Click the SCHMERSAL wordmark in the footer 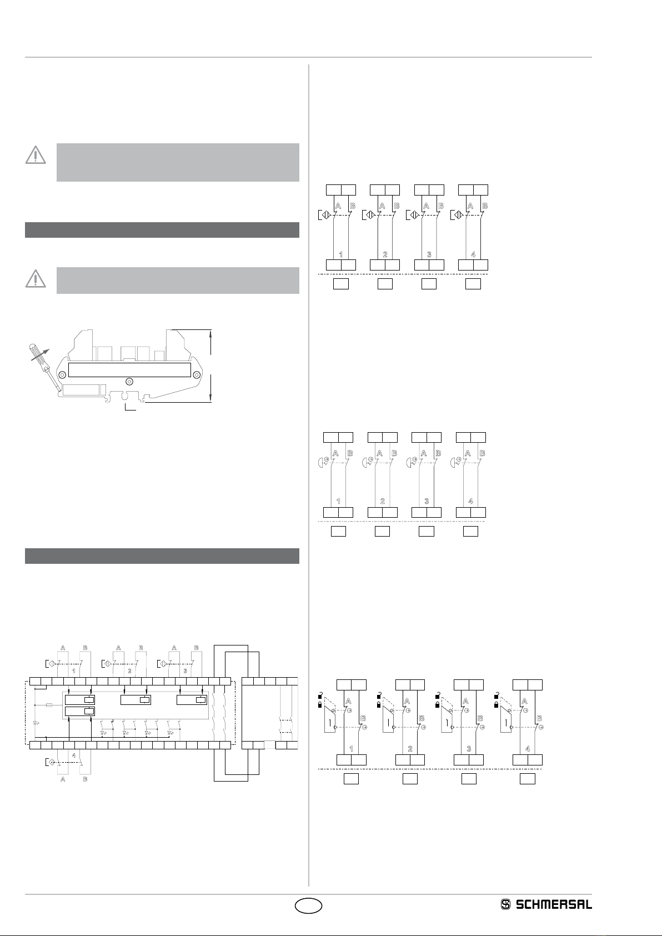pos(554,905)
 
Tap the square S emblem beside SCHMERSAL pos(505,905)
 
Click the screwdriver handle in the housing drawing pos(36,353)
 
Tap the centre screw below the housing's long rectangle pos(129,382)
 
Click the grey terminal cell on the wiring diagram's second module pos(270,744)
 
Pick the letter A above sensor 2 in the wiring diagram pos(119,648)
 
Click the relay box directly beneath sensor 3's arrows pos(192,700)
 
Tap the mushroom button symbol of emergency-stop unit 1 pos(323,463)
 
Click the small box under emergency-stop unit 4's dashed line pos(471,531)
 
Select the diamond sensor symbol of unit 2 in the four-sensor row pos(370,215)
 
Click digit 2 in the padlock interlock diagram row pos(410,749)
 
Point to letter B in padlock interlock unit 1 pos(363,718)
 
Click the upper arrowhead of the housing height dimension pos(211,334)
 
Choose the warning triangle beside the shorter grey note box pos(36,279)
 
